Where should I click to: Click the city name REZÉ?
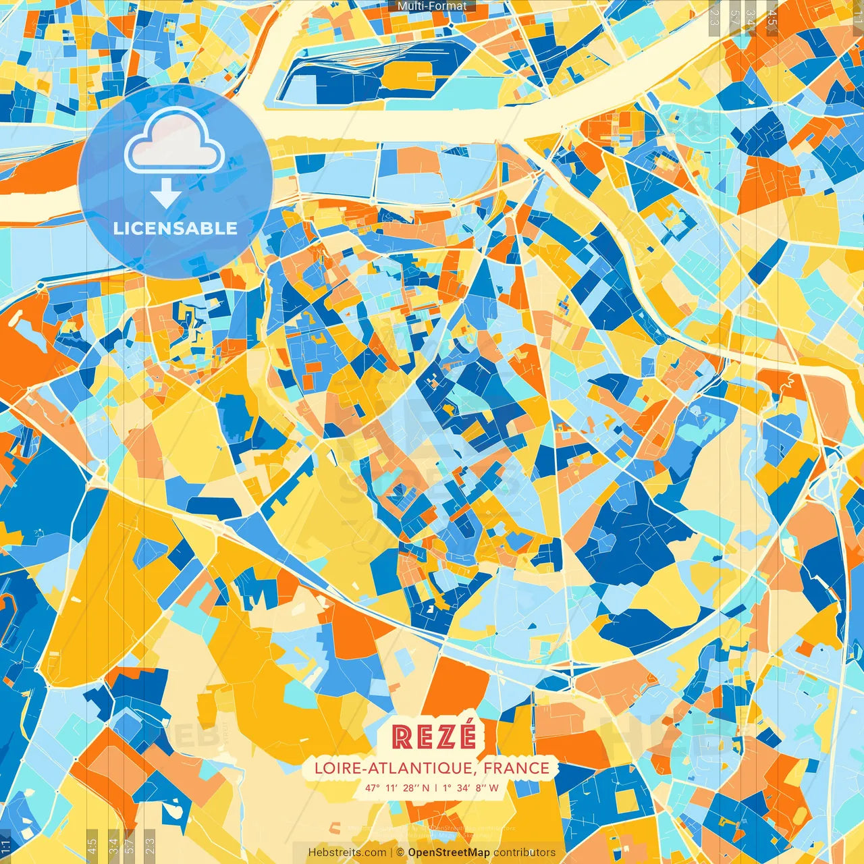(434, 736)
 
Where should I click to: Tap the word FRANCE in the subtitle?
(516, 768)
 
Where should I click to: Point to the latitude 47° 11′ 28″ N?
(397, 788)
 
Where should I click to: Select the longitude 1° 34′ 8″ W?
(470, 788)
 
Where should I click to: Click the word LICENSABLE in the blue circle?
(175, 228)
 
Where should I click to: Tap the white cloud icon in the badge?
(174, 140)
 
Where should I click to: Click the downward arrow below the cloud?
(165, 194)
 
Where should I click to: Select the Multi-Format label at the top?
(432, 6)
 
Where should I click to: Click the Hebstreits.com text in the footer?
(347, 853)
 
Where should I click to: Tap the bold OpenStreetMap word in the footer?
(449, 853)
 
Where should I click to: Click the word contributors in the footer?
(524, 853)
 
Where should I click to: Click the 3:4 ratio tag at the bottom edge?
(113, 844)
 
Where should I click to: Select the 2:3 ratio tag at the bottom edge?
(150, 844)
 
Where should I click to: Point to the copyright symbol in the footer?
(400, 853)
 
